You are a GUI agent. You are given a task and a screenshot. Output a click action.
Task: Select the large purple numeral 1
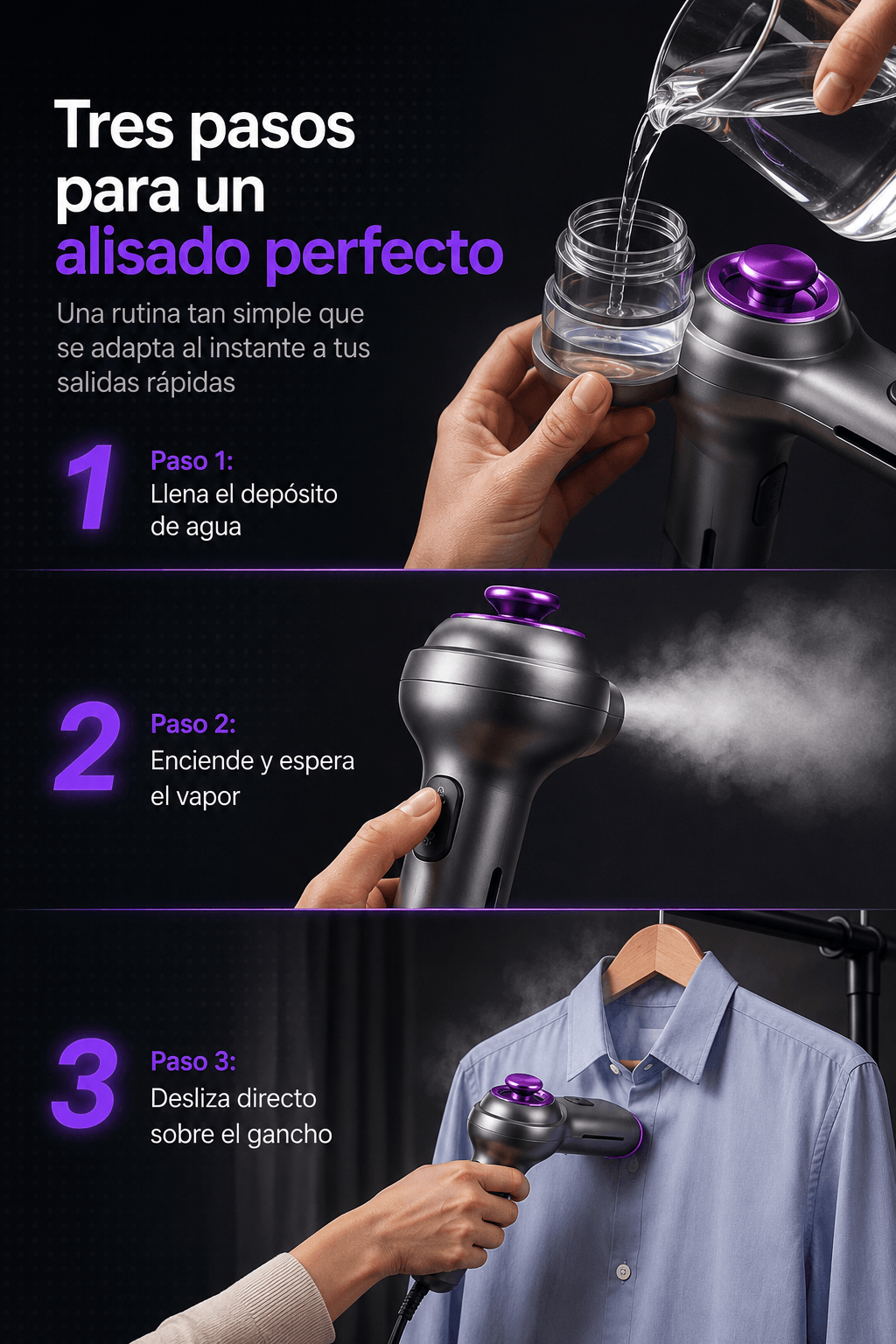click(x=91, y=486)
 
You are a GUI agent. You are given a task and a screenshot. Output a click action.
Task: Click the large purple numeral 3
click(x=85, y=1081)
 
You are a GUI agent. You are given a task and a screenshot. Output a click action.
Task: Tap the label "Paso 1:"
click(x=192, y=461)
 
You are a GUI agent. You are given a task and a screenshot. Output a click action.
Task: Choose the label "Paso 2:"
click(x=192, y=724)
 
